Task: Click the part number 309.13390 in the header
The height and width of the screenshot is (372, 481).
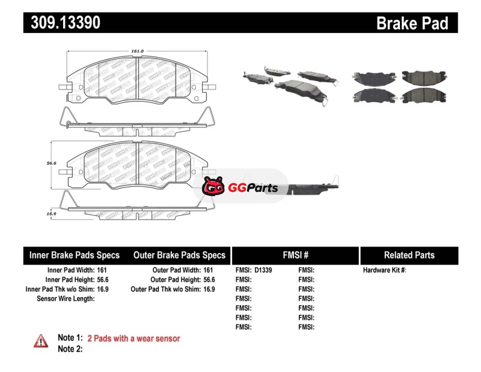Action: [62, 23]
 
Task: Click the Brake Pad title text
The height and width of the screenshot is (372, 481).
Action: [412, 23]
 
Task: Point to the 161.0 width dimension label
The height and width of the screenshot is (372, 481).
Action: [138, 51]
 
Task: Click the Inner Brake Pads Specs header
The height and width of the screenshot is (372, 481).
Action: [75, 255]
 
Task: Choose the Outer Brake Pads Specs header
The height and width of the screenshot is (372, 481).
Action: [179, 255]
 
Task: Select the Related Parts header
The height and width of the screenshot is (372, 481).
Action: [409, 255]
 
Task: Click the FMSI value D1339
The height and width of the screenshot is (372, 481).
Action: [263, 270]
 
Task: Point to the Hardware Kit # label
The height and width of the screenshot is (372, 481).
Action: [384, 270]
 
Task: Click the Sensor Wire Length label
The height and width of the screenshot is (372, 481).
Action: [66, 298]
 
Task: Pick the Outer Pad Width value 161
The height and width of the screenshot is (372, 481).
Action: [209, 270]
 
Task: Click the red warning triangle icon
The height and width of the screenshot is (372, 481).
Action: [40, 341]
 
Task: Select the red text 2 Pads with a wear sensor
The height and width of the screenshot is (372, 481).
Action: [133, 338]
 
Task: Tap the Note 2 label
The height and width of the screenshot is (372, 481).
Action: [70, 349]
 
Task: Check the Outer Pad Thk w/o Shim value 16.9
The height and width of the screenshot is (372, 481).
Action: [209, 289]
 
